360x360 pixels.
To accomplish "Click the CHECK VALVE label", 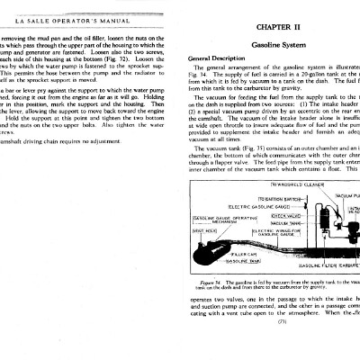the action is click(x=287, y=215).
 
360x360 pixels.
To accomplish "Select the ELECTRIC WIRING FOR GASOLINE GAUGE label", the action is click(x=279, y=232).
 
